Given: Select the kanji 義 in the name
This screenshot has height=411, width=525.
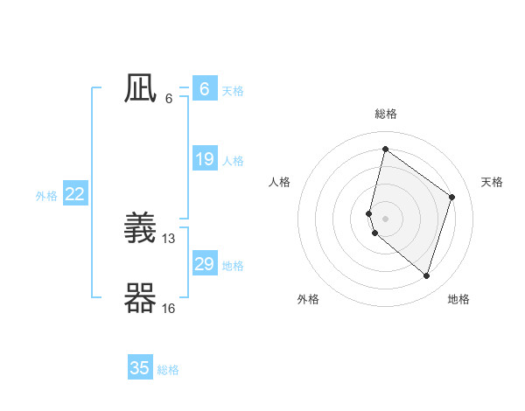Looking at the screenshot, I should point(140,229).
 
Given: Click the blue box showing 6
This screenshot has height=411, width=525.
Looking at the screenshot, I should point(204,89).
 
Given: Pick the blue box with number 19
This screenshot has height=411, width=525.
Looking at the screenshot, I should point(204,159).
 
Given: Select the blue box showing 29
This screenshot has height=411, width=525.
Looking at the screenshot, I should point(204,264).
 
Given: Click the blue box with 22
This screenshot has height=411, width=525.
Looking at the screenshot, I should point(74,194).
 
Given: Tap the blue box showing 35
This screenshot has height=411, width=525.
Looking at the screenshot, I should point(140,368).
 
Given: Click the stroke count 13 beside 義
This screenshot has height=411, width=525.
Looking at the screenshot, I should point(169,238).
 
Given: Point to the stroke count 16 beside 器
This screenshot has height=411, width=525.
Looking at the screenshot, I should point(169,308).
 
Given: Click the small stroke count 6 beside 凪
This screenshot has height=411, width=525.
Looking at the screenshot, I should point(169,98).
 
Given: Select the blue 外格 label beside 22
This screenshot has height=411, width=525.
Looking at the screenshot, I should point(46,196).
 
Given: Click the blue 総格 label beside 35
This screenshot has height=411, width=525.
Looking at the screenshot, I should point(168,370).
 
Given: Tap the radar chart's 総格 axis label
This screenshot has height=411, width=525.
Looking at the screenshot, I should point(385,114).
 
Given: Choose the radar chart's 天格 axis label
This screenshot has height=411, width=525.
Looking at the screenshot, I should point(492,182).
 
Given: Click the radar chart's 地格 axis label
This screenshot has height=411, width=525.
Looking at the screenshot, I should point(458,299).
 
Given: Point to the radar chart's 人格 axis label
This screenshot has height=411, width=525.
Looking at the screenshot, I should point(279,182).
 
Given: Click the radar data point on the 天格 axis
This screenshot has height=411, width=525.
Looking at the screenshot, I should point(451,197).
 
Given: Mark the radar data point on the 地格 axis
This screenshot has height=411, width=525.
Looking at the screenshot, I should point(426,275).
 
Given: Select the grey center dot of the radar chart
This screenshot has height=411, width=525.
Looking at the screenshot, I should point(385,218).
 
